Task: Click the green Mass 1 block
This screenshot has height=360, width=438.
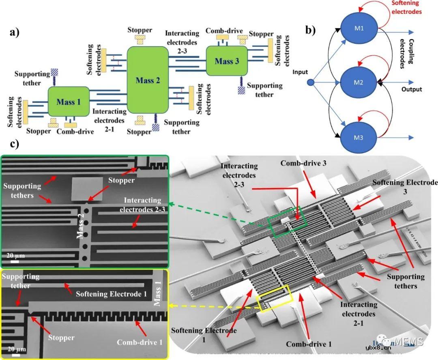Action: (x=69, y=101)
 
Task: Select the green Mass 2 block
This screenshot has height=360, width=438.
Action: (x=148, y=80)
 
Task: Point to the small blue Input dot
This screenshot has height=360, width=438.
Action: (x=311, y=83)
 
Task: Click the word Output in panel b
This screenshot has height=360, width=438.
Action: (x=412, y=89)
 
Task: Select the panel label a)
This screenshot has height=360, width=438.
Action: (x=15, y=33)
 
